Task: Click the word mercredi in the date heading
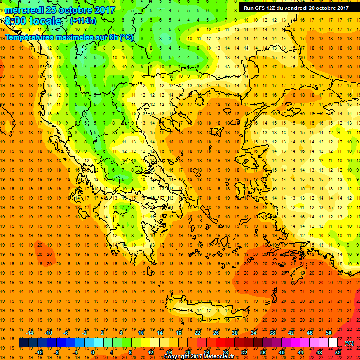click(25, 10)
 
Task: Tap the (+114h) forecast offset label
click(83, 21)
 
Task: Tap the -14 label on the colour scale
click(30, 333)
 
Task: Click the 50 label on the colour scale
click(328, 333)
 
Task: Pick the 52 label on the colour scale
click(338, 352)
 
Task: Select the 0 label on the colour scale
click(92, 352)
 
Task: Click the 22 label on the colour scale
click(197, 333)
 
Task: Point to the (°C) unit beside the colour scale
click(349, 343)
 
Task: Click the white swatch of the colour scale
click(333, 343)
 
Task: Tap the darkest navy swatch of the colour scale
click(23, 343)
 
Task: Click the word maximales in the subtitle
click(76, 37)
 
